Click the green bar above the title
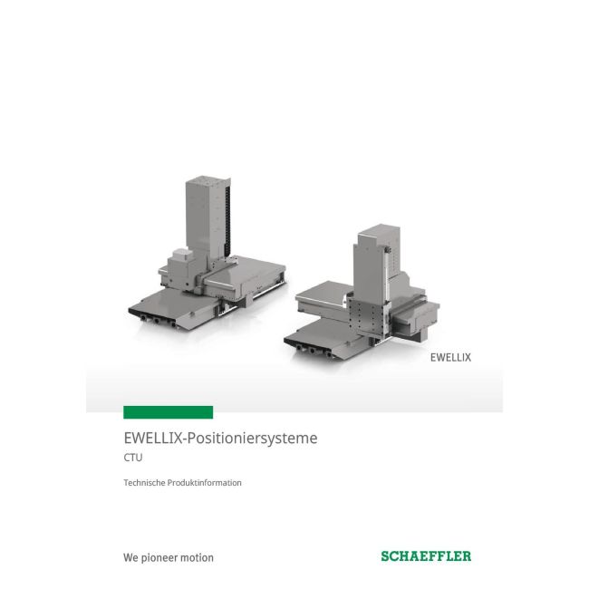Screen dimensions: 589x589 tap(168, 412)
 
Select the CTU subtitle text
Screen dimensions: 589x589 tap(133, 459)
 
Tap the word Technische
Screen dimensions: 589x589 tap(144, 483)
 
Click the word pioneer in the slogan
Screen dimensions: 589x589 tap(162, 557)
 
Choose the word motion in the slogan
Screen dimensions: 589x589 tap(198, 557)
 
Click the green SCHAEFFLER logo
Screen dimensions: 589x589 tap(425, 556)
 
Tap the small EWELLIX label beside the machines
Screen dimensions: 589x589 tap(449, 357)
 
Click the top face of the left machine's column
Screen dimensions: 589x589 tap(205, 180)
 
